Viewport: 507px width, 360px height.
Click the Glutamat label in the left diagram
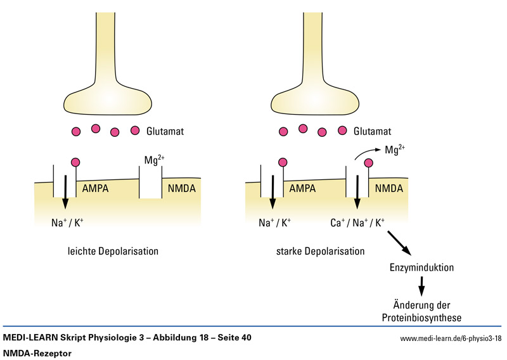[166, 132]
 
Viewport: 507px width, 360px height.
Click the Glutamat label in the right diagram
[374, 132]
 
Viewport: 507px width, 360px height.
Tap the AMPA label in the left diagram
[96, 188]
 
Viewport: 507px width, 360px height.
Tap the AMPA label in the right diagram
[303, 188]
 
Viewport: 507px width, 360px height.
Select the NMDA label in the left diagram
[181, 188]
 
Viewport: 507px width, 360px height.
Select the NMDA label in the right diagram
[388, 188]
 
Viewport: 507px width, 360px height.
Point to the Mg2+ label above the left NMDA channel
[154, 160]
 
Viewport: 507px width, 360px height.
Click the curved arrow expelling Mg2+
[364, 154]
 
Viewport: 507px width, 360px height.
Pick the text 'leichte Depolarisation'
[113, 252]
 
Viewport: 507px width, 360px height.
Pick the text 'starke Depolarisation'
[321, 252]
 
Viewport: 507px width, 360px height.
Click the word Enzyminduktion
[421, 267]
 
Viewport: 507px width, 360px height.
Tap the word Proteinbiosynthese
[421, 318]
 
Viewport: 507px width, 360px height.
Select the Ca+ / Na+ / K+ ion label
[358, 223]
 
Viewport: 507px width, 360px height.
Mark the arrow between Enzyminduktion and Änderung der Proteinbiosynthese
[421, 286]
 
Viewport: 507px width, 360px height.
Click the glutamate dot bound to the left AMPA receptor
[76, 163]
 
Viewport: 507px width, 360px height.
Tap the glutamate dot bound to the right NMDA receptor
[368, 163]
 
